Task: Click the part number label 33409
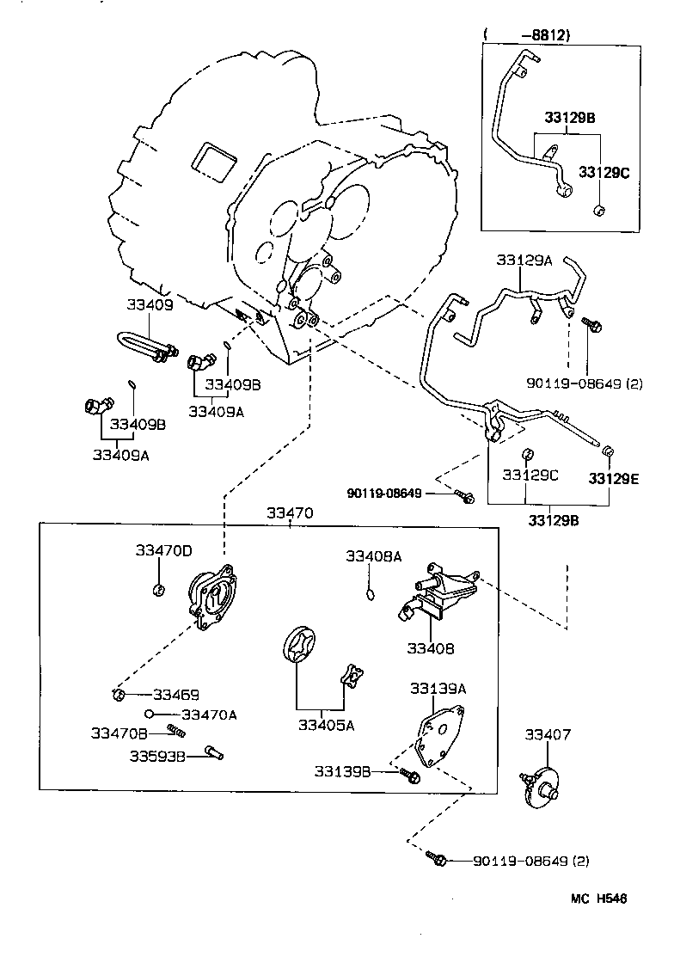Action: coord(150,304)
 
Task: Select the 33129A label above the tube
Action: coord(524,260)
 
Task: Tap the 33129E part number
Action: coord(614,478)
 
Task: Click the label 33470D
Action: coord(163,550)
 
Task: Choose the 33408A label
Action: coord(373,556)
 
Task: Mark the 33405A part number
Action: coord(326,725)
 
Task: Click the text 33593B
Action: coord(158,756)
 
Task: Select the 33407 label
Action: coord(548,734)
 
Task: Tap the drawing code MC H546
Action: coord(599,899)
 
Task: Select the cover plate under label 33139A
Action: coord(438,732)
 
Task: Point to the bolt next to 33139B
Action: coord(409,776)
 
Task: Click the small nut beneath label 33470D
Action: coord(157,589)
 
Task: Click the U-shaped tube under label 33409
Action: coord(142,344)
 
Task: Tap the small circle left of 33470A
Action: coord(150,714)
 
